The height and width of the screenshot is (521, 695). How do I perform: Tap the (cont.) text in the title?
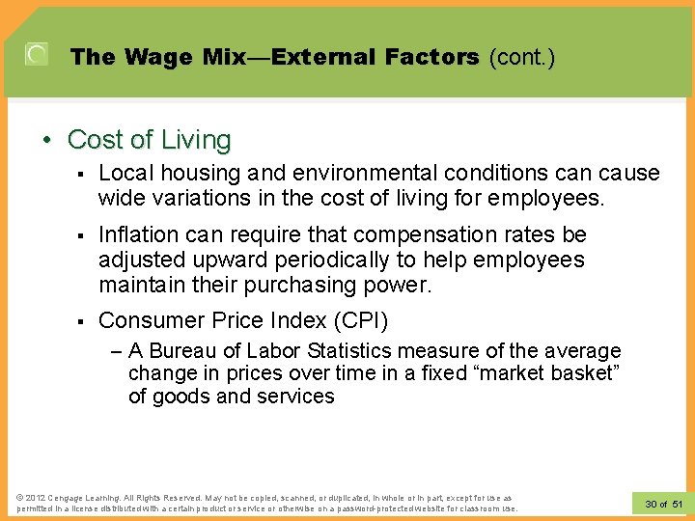tap(522, 57)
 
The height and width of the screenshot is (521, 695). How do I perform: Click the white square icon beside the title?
tap(37, 55)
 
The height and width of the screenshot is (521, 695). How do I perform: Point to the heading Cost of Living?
tap(149, 140)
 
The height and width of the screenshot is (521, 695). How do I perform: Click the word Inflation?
tap(139, 234)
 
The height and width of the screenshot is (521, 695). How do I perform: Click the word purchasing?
tap(315, 285)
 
